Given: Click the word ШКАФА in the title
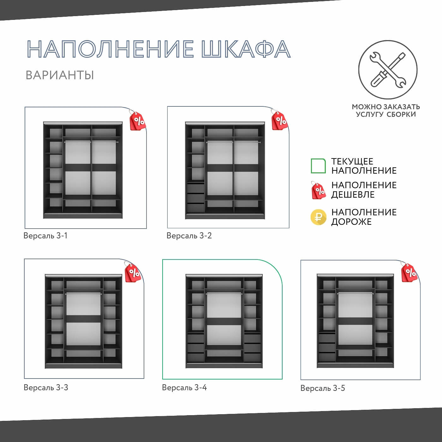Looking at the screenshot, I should pos(246,49).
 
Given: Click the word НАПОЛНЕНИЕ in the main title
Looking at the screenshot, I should pos(110,49).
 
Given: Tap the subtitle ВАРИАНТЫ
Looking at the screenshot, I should pos(60,75).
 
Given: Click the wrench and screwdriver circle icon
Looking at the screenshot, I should pos(388,70).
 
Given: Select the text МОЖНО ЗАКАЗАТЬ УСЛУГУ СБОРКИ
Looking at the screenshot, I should pos(386,110).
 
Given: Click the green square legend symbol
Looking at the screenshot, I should pos(318,166).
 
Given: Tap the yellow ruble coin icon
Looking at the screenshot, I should pos(318,217).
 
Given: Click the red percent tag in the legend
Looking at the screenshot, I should pos(318,190).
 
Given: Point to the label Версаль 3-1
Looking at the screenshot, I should pos(45,236).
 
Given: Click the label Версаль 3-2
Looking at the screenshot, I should pos(189,236).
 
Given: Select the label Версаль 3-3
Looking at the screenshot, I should pos(46,387).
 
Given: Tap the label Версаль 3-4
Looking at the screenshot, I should pos(184,387).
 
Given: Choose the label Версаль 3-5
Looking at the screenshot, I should pos(323,388).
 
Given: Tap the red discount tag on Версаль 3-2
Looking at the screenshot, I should pos(279,120).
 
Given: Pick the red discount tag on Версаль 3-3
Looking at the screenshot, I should pos(133,272).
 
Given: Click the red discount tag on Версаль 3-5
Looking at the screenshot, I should pos(409,272).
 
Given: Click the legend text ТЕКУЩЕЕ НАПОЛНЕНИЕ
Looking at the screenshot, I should pos(364,166).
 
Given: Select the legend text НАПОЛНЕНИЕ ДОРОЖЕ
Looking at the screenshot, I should pos(364,217).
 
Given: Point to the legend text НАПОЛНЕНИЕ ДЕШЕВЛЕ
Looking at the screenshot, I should pos(364,190).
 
